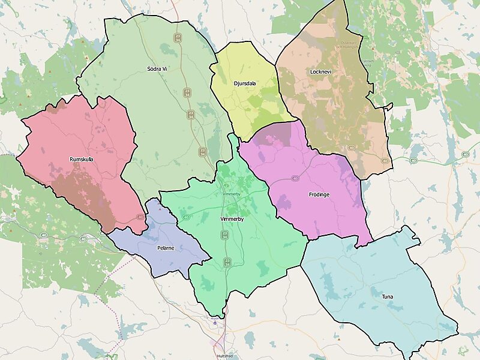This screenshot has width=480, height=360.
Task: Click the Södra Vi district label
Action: click(x=157, y=69)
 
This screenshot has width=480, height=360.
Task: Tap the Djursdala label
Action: click(x=244, y=83)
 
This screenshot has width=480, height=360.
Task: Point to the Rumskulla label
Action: click(x=81, y=160)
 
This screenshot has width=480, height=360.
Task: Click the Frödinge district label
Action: click(x=319, y=194)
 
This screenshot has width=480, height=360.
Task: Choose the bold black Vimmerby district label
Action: click(x=232, y=220)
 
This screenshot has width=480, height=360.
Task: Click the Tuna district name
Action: click(x=388, y=296)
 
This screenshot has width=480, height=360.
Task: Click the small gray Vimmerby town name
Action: click(x=230, y=195)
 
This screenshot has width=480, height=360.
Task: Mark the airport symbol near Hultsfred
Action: click(x=215, y=323)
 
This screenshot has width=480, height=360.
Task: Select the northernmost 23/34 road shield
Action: click(x=178, y=37)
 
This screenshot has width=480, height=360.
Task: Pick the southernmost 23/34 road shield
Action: click(x=227, y=262)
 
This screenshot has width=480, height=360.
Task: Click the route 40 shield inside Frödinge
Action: click(x=295, y=178)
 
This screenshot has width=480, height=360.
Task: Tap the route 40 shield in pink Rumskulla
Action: click(x=139, y=217)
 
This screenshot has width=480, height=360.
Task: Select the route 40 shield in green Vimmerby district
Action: click(x=187, y=217)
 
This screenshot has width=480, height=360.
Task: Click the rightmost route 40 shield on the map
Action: click(x=466, y=155)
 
